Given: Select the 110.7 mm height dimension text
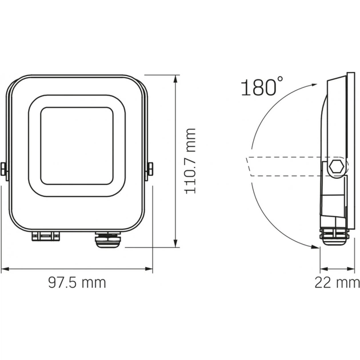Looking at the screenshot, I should pyautogui.click(x=191, y=161).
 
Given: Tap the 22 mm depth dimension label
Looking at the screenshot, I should pyautogui.click(x=337, y=282).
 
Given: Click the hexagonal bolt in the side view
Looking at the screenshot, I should pyautogui.click(x=338, y=167).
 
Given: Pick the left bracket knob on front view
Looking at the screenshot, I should pyautogui.click(x=3, y=169).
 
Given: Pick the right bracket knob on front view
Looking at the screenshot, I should pyautogui.click(x=150, y=169).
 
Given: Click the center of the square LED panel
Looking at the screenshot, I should pyautogui.click(x=77, y=146).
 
